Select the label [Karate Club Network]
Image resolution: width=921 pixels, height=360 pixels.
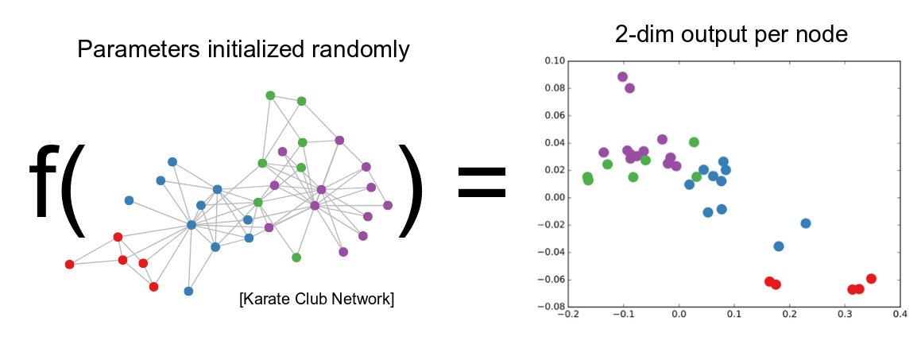click(316, 300)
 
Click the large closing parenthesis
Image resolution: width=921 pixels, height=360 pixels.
click(411, 191)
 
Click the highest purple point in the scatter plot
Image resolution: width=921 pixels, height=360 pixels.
click(622, 77)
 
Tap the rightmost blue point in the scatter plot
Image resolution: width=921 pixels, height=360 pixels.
click(806, 223)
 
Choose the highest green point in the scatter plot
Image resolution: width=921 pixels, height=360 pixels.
click(694, 142)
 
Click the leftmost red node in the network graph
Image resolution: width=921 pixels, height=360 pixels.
click(69, 264)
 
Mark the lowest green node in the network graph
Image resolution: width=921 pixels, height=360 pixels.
click(296, 257)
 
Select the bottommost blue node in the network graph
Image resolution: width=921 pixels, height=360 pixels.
click(188, 291)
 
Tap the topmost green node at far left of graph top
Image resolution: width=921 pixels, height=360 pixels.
click(270, 95)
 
